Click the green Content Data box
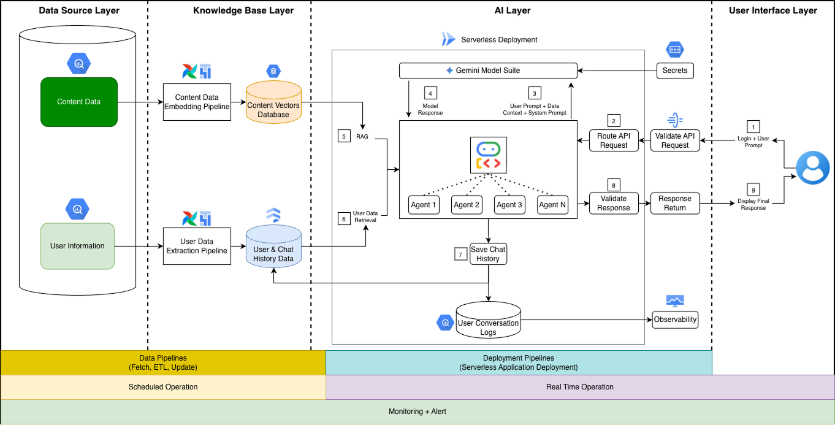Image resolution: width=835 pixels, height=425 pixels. click(79, 102)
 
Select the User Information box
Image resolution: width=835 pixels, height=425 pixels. click(77, 246)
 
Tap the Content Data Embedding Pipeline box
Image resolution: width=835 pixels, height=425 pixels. click(197, 102)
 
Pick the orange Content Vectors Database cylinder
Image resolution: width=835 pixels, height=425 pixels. click(273, 102)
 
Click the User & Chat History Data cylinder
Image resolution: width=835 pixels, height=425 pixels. click(273, 246)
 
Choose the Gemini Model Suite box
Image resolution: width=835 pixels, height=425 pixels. click(488, 71)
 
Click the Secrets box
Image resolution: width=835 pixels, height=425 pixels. click(675, 71)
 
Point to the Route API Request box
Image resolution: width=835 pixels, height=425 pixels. click(614, 140)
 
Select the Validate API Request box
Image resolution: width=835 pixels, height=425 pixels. click(675, 140)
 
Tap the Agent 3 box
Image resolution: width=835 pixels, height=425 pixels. click(509, 205)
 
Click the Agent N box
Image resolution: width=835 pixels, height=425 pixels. click(552, 205)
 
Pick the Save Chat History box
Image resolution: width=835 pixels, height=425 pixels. click(488, 254)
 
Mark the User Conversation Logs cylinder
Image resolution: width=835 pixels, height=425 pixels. click(489, 320)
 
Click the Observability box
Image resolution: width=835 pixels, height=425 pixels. click(675, 320)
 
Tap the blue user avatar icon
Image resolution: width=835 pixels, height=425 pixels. click(813, 167)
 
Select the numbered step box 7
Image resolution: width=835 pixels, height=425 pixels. click(461, 255)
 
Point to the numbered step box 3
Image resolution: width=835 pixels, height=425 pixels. click(535, 93)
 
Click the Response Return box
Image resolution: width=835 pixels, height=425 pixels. click(675, 203)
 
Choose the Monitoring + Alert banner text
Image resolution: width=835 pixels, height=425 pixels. click(417, 412)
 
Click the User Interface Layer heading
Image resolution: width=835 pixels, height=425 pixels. click(772, 10)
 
